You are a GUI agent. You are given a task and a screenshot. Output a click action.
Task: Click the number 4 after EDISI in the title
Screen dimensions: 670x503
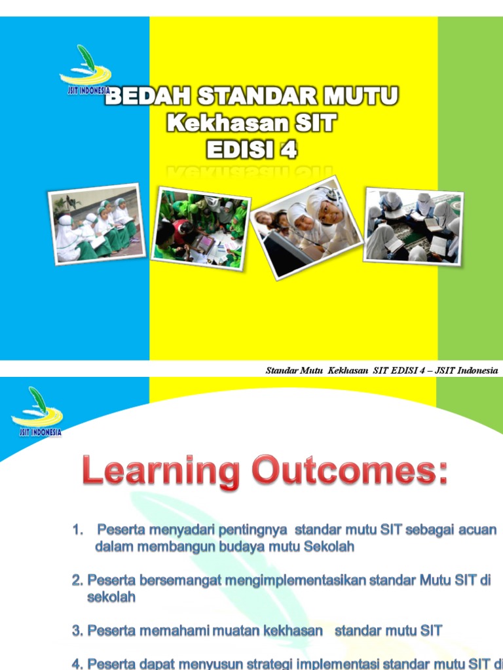(x=289, y=150)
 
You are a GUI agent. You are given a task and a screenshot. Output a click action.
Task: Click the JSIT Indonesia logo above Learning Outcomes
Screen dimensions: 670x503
(x=37, y=412)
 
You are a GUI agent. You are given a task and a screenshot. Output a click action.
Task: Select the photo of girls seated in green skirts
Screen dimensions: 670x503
(x=97, y=224)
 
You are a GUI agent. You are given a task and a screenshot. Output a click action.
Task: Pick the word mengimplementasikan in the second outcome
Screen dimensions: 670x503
(x=296, y=580)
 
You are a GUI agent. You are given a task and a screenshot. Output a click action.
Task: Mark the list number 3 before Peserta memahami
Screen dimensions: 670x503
(x=77, y=631)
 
